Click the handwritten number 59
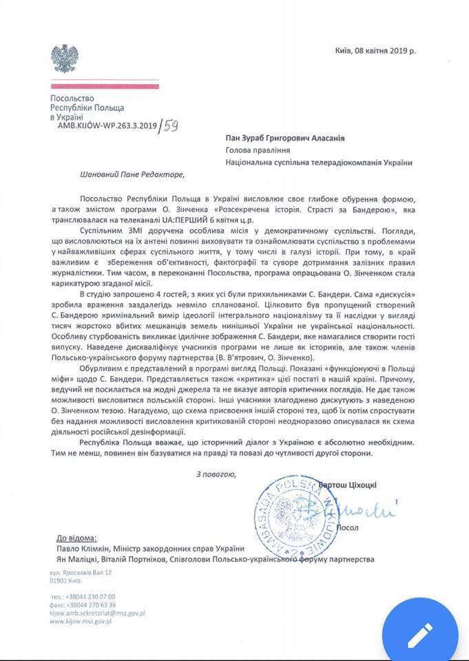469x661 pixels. pyautogui.click(x=169, y=125)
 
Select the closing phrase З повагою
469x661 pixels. pyautogui.click(x=216, y=474)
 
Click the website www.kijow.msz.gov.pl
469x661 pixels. pyautogui.click(x=81, y=621)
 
